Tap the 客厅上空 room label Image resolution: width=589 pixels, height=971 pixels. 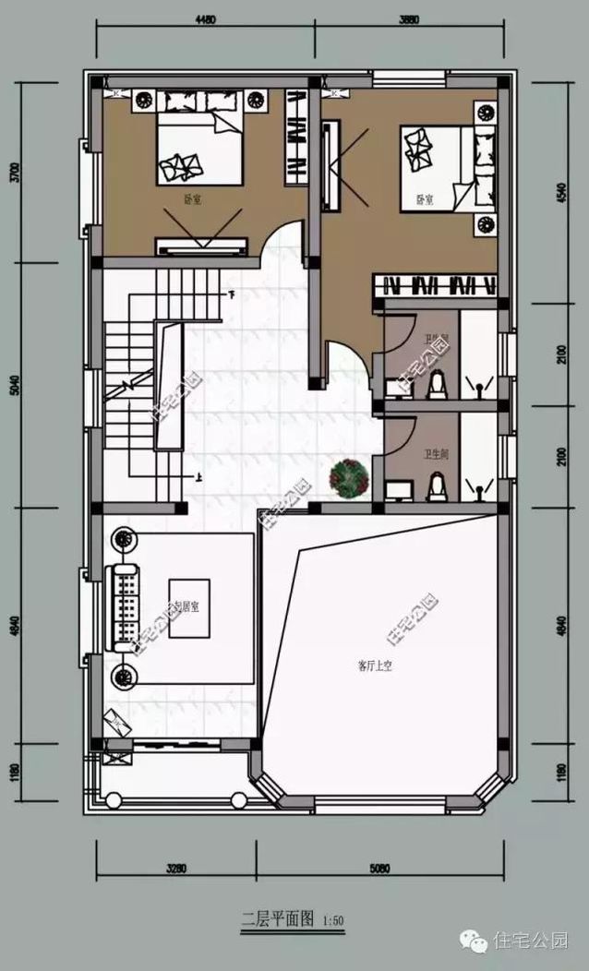(x=375, y=665)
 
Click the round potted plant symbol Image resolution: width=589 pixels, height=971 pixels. (x=351, y=479)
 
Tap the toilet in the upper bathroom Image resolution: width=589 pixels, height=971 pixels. (x=437, y=384)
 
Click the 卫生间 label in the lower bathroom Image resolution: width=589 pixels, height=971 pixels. (x=437, y=454)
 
